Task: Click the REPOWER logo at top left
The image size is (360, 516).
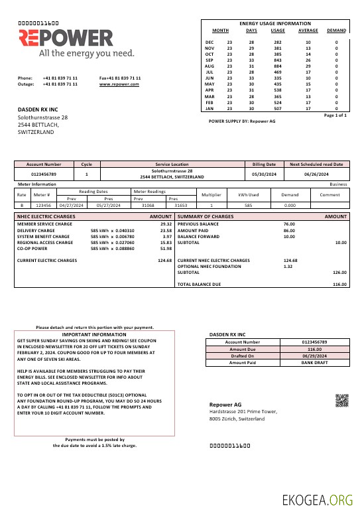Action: (66, 38)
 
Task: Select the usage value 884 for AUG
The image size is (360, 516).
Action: (278, 66)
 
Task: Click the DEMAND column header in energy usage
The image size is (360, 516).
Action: (336, 31)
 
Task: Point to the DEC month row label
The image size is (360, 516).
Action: (210, 42)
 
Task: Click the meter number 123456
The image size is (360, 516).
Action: (42, 206)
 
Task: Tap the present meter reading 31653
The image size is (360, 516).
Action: (181, 206)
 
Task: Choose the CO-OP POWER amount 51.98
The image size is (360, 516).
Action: (166, 249)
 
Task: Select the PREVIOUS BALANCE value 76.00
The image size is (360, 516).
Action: (289, 224)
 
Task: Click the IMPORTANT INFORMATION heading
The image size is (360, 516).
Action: (94, 335)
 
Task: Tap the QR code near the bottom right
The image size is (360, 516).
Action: (341, 400)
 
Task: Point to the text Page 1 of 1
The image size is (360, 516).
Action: (335, 115)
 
